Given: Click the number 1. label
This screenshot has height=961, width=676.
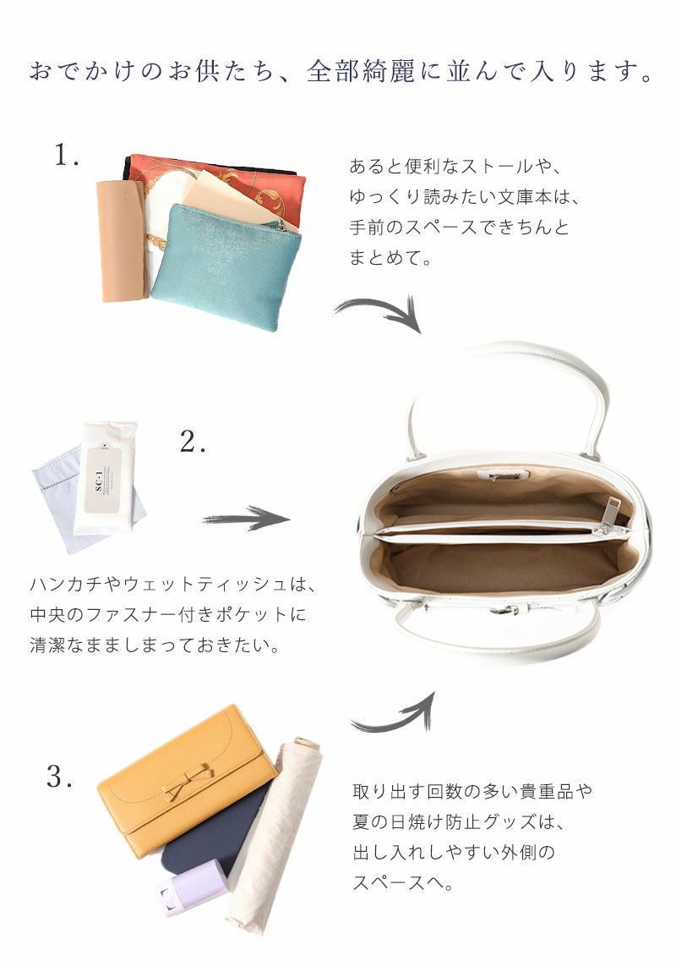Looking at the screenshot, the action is (x=67, y=156).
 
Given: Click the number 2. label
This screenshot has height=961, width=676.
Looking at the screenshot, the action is (x=194, y=442).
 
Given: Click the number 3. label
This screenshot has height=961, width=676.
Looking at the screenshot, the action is (x=60, y=777).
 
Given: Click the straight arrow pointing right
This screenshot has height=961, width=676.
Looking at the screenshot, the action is (x=246, y=519).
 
